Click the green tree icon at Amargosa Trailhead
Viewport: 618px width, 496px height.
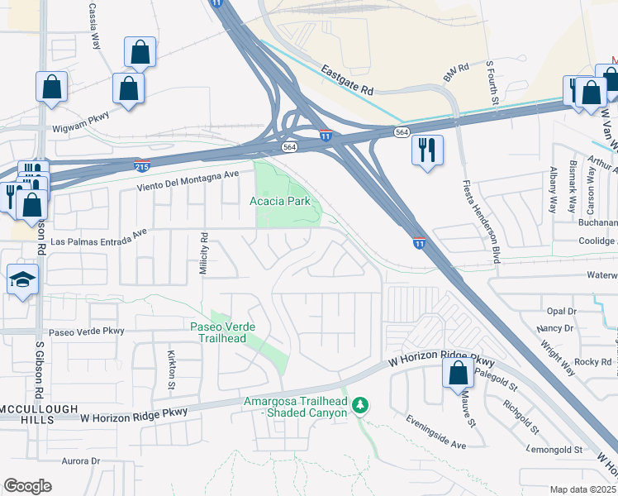point(359,405)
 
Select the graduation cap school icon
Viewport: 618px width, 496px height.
point(22,279)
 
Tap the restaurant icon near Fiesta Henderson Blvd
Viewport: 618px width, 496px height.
point(427,150)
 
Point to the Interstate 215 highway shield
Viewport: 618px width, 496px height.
point(142,165)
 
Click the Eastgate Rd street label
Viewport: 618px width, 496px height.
point(348,79)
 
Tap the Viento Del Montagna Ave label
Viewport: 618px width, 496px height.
point(188,182)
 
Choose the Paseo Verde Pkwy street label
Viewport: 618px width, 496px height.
point(86,331)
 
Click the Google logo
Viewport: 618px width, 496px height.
point(27,486)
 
